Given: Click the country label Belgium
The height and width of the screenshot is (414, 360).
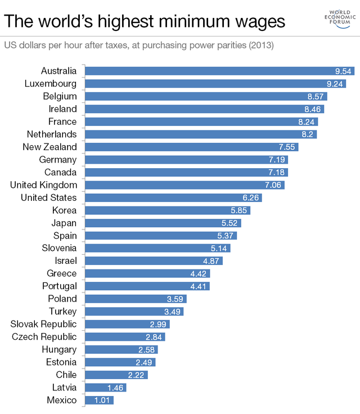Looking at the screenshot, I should click(x=60, y=96).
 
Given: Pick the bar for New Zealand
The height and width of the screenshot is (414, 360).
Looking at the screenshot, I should click(x=191, y=147).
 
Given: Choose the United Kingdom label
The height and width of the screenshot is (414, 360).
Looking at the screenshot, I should click(x=43, y=184).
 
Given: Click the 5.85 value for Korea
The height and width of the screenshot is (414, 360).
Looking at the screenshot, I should click(x=240, y=210).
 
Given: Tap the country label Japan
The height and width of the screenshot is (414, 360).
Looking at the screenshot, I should click(x=64, y=223).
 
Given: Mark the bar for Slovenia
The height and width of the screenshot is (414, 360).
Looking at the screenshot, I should click(x=157, y=248).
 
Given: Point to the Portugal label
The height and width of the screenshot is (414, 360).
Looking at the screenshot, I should click(x=59, y=286).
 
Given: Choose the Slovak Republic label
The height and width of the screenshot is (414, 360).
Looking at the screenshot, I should click(x=44, y=324).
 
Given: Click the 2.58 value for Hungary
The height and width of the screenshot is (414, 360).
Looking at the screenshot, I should click(x=147, y=349).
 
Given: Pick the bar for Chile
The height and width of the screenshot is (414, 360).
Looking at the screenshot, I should click(x=116, y=375).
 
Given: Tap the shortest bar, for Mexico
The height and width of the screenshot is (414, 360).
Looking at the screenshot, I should click(x=99, y=400).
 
